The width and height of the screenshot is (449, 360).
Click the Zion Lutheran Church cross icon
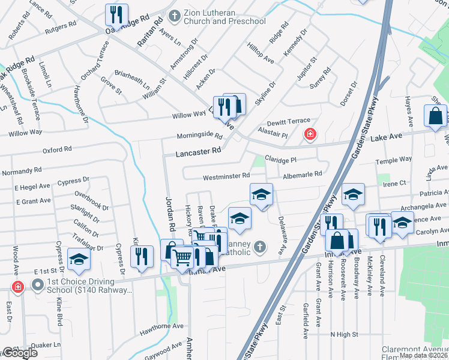(x=175, y=16)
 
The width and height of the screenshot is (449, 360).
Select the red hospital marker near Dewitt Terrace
(x=310, y=134)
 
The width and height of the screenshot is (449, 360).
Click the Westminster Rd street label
(x=226, y=176)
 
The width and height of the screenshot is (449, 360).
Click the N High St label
(x=344, y=334)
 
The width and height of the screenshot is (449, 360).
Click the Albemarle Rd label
(x=303, y=174)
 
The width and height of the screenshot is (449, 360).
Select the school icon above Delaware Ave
(x=261, y=194)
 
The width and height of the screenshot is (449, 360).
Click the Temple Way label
(x=393, y=160)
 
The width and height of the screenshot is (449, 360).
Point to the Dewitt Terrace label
(x=289, y=121)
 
